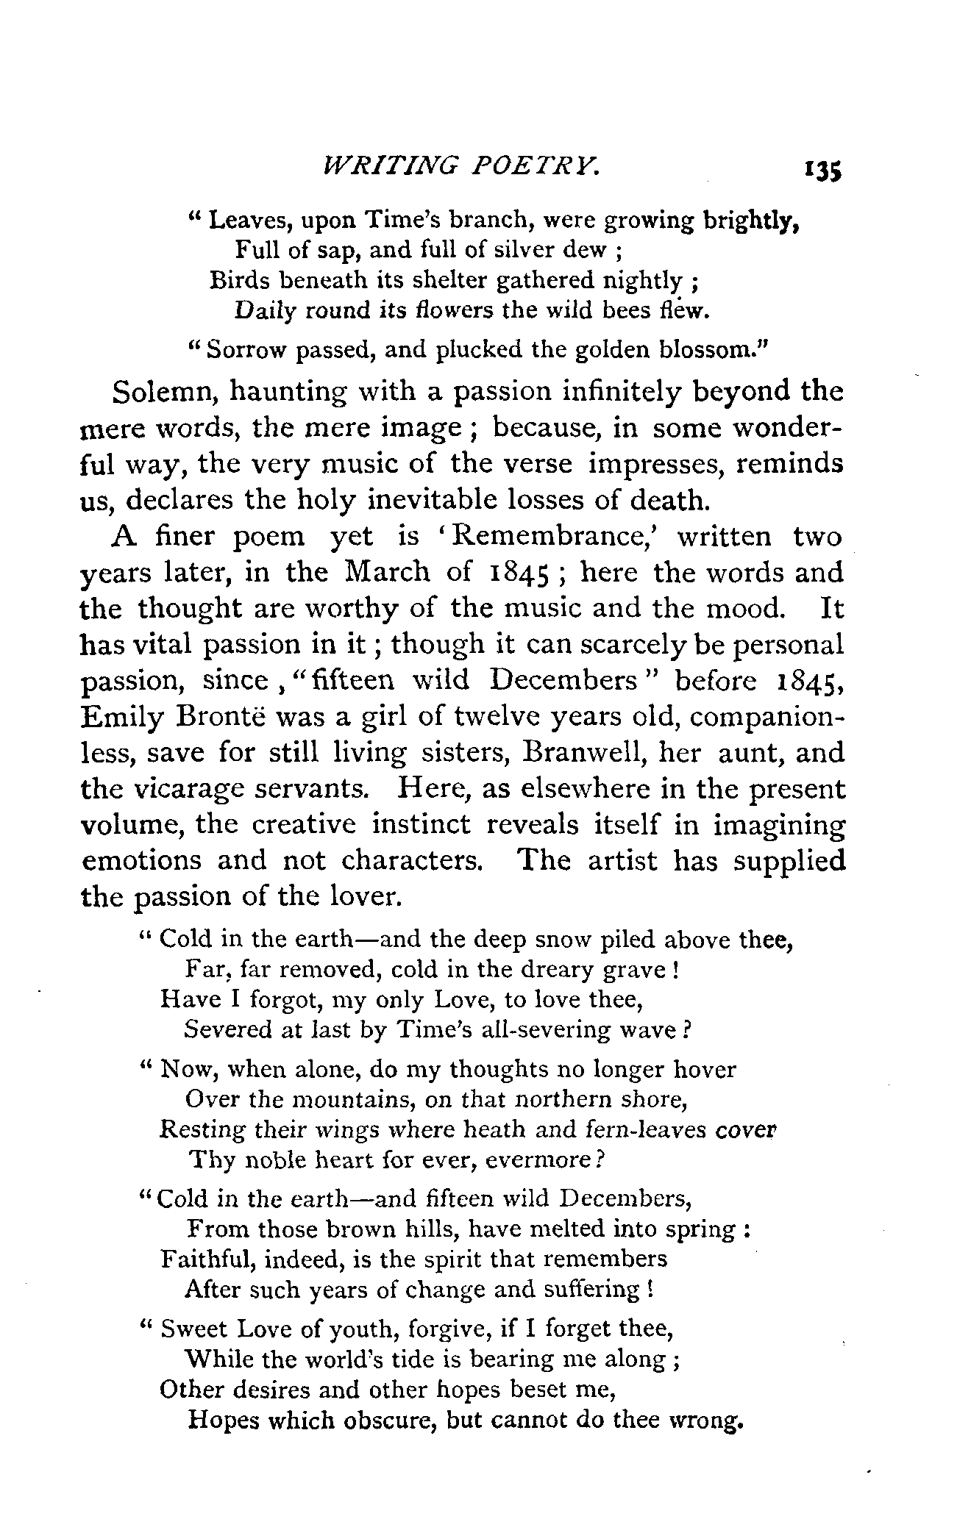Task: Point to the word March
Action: point(385,572)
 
